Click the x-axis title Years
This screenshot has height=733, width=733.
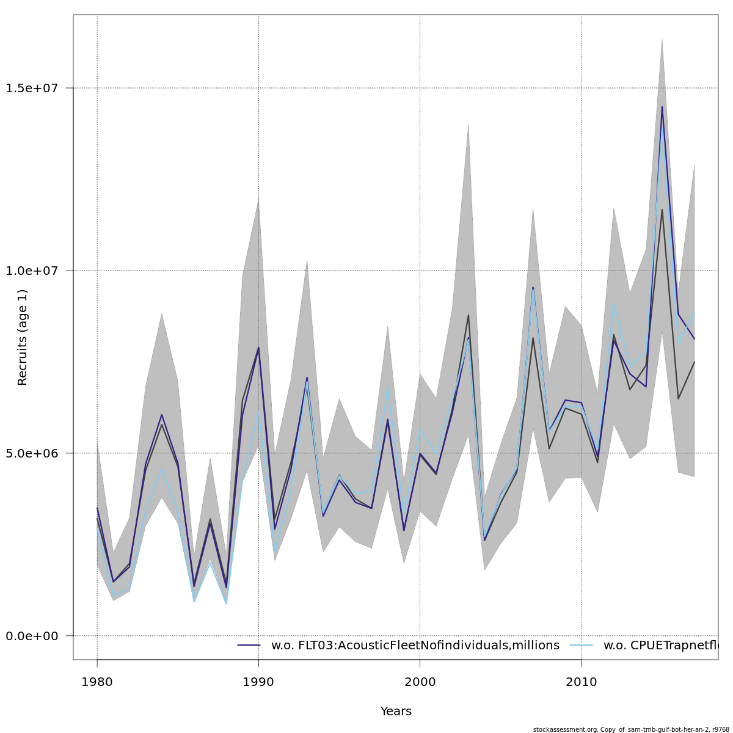pos(396,712)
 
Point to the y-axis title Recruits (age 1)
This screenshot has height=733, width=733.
pos(23,337)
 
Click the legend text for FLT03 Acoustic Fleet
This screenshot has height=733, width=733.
pos(415,646)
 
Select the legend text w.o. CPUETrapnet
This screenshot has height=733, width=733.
pos(660,646)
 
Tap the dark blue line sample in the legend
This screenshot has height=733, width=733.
pos(249,646)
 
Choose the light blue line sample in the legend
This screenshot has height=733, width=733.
pos(582,646)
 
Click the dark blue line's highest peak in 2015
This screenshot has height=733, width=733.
pos(662,107)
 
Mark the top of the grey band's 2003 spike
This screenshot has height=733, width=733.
pos(469,123)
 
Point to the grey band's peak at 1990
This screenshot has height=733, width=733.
pos(258,199)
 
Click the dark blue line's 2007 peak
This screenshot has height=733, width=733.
pos(533,287)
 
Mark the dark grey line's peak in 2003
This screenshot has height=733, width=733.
pos(469,315)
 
